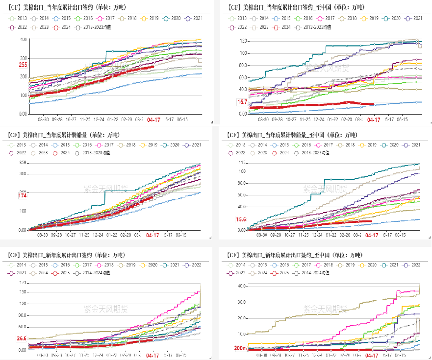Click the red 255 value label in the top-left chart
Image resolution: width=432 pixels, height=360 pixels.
click(x=23, y=65)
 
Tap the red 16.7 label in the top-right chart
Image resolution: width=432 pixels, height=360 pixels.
click(x=242, y=102)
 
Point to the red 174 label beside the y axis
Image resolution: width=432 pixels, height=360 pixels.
click(x=23, y=196)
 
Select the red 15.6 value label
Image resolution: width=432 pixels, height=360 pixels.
click(x=241, y=219)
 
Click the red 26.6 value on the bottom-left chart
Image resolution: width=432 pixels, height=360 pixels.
click(x=22, y=338)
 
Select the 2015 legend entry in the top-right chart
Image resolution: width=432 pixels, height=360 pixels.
click(x=285, y=18)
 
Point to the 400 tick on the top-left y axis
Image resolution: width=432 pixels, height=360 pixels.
click(x=23, y=39)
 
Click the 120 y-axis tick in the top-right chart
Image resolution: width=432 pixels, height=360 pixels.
click(x=241, y=41)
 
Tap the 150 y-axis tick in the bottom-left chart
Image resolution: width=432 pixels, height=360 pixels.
click(x=23, y=292)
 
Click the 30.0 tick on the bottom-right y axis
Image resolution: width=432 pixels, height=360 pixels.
click(x=241, y=302)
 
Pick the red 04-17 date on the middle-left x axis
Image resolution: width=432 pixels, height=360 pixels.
click(x=153, y=235)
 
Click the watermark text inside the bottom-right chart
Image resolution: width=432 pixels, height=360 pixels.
click(x=326, y=309)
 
